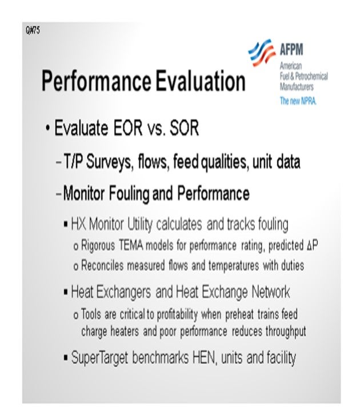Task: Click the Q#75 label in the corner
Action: tap(33, 30)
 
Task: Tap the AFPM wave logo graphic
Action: tap(262, 53)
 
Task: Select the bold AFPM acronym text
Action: tap(291, 49)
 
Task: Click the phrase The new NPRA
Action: tap(298, 101)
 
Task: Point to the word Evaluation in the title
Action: tap(201, 81)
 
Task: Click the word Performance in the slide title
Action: tap(97, 81)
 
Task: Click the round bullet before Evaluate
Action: tap(47, 127)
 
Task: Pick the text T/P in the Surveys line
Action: tap(73, 161)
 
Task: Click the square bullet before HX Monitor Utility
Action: tap(66, 224)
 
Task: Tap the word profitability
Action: tap(177, 315)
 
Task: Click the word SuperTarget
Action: tap(99, 357)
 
